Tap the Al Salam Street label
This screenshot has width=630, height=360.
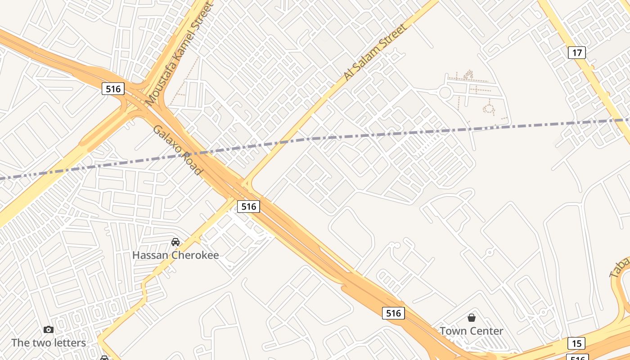(x=375, y=53)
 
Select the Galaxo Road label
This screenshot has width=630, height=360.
(x=177, y=150)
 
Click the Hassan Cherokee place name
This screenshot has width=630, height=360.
(x=175, y=255)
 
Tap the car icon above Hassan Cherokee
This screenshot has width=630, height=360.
(x=175, y=242)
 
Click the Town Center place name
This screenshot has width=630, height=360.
(x=471, y=331)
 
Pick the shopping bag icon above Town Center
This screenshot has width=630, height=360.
(x=471, y=318)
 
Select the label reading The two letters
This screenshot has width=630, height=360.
(x=49, y=342)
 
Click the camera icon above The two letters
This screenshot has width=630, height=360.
(x=49, y=329)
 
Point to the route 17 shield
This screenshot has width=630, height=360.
(x=576, y=53)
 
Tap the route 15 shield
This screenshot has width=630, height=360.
(x=576, y=343)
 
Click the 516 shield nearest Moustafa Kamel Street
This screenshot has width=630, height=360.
(x=112, y=89)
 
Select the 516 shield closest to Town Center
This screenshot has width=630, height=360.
(x=393, y=313)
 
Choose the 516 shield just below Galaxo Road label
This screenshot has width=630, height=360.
(x=248, y=206)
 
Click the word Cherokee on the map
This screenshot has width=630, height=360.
(x=196, y=255)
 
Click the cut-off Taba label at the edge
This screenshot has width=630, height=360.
(x=620, y=266)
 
